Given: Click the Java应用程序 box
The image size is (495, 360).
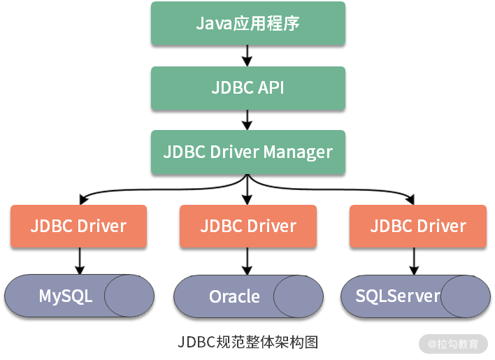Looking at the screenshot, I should click(x=247, y=24).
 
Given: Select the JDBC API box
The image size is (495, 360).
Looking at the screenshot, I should click(x=247, y=88).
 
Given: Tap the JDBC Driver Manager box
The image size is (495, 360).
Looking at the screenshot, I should click(x=247, y=152).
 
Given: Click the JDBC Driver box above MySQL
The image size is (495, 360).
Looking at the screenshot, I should click(x=78, y=226).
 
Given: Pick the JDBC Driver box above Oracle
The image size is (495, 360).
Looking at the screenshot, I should click(x=247, y=226).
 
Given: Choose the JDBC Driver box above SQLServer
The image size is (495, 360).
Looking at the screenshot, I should click(x=417, y=226).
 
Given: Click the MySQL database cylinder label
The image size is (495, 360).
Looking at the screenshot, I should click(x=66, y=296).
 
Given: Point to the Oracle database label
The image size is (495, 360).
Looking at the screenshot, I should click(x=234, y=296).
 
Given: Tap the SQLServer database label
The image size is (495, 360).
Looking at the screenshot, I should click(x=398, y=296).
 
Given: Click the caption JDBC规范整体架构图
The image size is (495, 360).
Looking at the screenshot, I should click(x=247, y=342).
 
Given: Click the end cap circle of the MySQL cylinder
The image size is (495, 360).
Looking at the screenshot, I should click(x=129, y=296).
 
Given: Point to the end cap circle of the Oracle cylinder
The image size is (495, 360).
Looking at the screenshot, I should click(x=299, y=296).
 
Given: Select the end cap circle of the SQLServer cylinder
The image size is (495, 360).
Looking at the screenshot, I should click(x=465, y=296).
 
